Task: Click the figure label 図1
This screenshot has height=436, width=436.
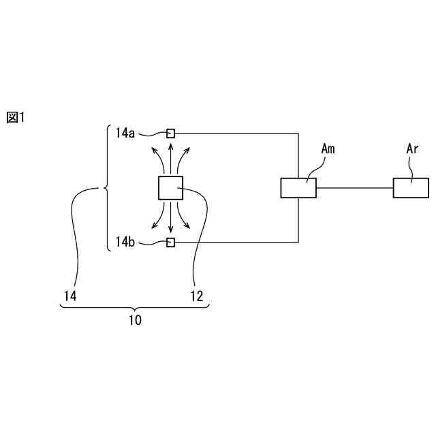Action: point(15,117)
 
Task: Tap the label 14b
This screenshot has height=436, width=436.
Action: point(125,242)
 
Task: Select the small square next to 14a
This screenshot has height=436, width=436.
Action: point(171,133)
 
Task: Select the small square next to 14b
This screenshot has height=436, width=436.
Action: point(171,242)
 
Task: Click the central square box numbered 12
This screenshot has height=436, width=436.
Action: point(170,187)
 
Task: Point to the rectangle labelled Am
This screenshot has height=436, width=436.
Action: point(298,187)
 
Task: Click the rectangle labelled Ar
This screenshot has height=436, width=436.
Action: point(411,187)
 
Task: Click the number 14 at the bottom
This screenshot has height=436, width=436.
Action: point(69,296)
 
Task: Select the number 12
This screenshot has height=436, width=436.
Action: point(196,296)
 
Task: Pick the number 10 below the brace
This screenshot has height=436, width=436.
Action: point(135,320)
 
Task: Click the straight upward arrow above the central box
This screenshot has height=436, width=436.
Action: point(170,158)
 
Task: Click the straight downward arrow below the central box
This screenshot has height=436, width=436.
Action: point(170,216)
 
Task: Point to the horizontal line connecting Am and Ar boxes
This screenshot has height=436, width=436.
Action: point(354,187)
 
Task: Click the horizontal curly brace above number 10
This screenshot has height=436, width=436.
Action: point(135,308)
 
